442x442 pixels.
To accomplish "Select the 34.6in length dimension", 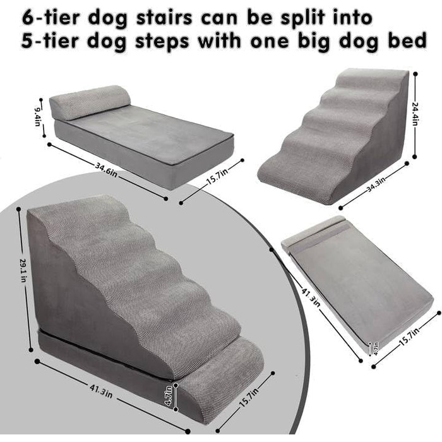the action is (106, 170).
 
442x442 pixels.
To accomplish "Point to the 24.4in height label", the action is (415, 114).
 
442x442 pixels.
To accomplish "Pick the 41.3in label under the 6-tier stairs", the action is (101, 390).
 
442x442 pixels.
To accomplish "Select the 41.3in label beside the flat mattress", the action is (311, 297).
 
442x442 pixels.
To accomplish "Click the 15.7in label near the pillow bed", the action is (217, 177).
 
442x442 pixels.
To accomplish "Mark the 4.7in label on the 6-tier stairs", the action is (169, 395).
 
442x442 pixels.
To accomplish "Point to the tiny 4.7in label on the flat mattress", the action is (376, 349).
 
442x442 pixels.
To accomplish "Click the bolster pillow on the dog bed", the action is (90, 102).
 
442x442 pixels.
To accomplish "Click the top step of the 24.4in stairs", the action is (372, 77).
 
